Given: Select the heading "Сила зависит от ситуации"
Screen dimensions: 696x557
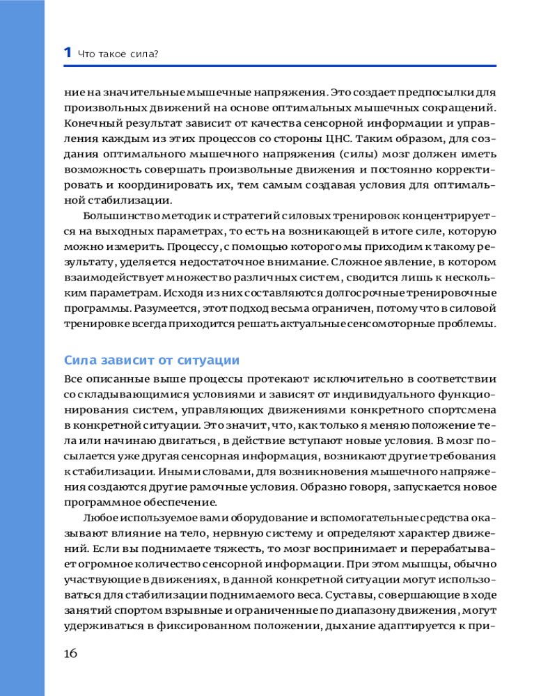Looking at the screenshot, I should (151, 360).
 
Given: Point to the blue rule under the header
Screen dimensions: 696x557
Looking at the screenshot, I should (279, 66).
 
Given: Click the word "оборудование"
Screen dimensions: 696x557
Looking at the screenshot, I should (260, 518).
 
